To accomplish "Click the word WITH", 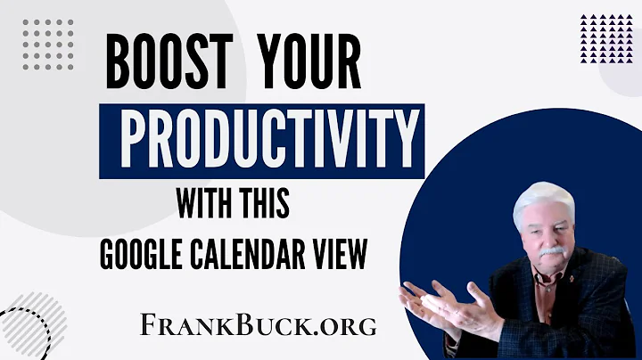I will (210, 203).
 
